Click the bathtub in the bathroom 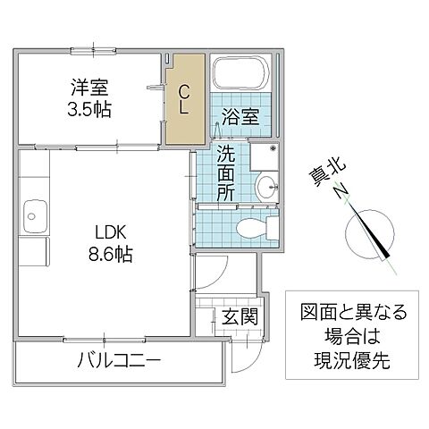click(241, 76)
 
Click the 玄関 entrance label click(240, 316)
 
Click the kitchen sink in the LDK click(35, 214)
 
